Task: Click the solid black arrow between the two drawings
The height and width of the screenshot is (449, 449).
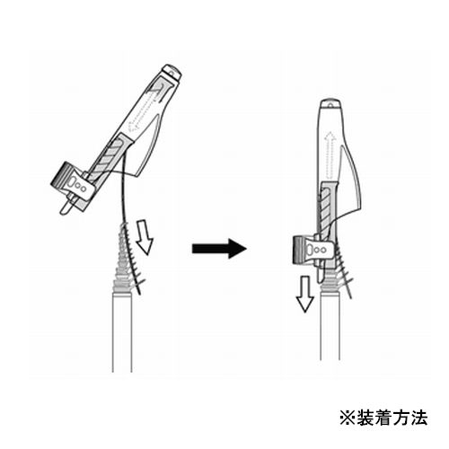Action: coord(219,248)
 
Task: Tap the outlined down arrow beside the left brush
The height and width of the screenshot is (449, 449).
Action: coord(145,237)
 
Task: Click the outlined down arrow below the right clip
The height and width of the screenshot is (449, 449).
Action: coord(305,295)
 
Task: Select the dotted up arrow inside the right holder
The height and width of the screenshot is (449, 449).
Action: coord(330,155)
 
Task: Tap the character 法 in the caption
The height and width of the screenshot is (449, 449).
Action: coord(418,418)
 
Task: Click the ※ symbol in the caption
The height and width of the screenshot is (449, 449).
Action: coord(348,418)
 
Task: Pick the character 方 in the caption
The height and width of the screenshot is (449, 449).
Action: coord(401,418)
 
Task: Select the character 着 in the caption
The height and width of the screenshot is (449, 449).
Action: coord(383,418)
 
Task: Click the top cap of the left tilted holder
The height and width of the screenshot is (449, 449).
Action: coord(172,73)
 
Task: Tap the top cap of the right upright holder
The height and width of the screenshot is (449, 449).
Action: coord(330,104)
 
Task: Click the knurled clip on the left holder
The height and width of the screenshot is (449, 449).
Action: coord(73,182)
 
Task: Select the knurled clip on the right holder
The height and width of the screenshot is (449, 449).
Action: coord(313,250)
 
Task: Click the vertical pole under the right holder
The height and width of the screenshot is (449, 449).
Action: coord(330,326)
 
